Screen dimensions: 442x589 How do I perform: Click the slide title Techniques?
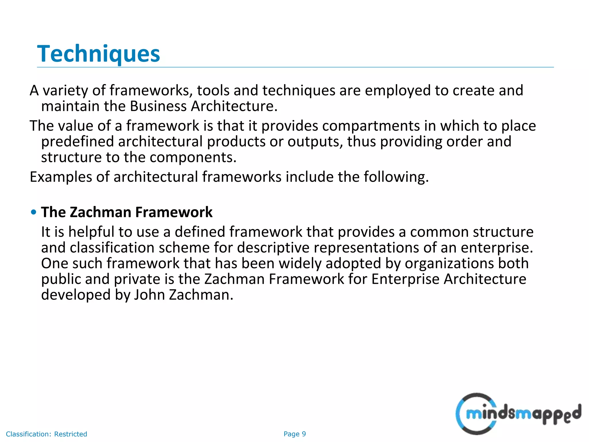98,54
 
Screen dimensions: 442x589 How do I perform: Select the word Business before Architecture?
158,106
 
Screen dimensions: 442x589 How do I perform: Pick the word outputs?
315,142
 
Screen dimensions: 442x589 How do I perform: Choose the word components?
193,157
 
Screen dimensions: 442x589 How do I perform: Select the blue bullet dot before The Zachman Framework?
34,212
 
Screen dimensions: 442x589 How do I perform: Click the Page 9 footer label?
294,434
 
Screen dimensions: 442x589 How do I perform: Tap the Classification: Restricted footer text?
46,434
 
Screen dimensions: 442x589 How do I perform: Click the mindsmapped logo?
518,414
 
